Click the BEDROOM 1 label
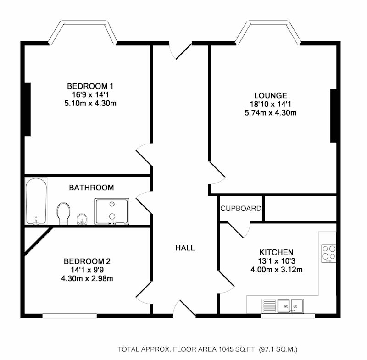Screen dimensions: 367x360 [x=90, y=86]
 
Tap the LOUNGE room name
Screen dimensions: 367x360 [x=271, y=95]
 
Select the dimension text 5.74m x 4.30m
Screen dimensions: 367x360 [x=271, y=113]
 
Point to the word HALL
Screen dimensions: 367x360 [x=185, y=248]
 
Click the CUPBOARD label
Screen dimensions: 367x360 [x=241, y=208]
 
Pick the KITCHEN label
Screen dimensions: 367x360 [x=277, y=252]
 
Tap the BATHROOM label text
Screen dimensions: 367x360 [x=91, y=188]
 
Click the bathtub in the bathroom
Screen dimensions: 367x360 [x=36, y=201]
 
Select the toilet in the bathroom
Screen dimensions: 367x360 [x=63, y=213]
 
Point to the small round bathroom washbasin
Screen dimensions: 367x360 [x=82, y=219]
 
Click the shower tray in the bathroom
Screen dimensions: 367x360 [x=111, y=211]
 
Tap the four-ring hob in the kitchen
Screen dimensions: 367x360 [x=328, y=253]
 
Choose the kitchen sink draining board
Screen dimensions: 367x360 [x=270, y=306]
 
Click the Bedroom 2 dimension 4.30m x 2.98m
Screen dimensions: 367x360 [x=87, y=278]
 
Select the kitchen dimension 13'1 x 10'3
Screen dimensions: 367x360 [x=277, y=261]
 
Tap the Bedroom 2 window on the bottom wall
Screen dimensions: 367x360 [x=70, y=316]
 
